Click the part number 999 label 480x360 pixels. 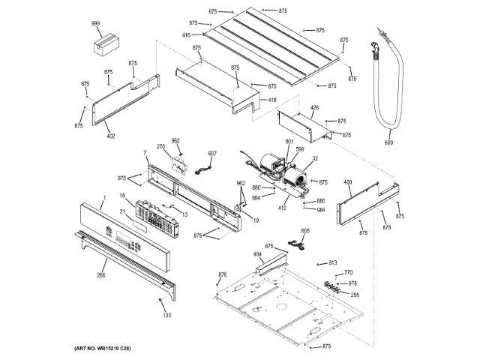[x=95, y=23]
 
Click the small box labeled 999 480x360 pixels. [x=106, y=44]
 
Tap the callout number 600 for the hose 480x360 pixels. [x=388, y=142]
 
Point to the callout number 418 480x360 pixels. [x=271, y=100]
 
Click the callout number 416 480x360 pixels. [x=185, y=34]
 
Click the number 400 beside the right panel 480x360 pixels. [x=347, y=182]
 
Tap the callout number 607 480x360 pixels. [x=212, y=154]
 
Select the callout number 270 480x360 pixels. [x=160, y=146]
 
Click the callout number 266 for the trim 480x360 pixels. [x=100, y=274]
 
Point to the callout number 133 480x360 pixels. [x=166, y=314]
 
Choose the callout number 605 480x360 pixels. [x=305, y=231]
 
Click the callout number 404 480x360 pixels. [x=257, y=255]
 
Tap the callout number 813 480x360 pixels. [x=332, y=262]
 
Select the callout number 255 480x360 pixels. [x=354, y=295]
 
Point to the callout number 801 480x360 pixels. [x=289, y=142]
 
